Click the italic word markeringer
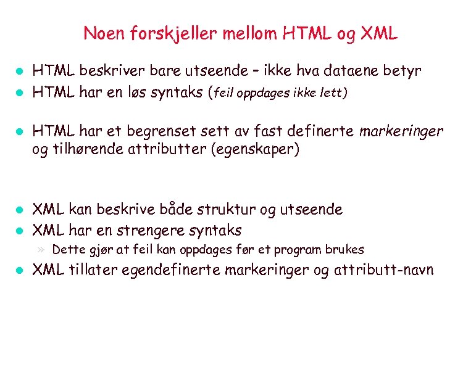[x=401, y=131]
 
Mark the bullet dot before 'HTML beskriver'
[x=19, y=72]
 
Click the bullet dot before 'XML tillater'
[x=19, y=271]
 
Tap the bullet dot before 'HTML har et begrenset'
[x=19, y=132]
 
